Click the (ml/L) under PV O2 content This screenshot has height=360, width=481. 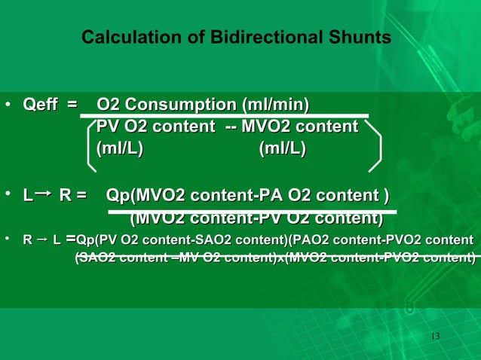(x=118, y=148)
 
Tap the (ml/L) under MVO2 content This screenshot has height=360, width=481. (x=282, y=148)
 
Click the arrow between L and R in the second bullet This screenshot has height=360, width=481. (x=44, y=196)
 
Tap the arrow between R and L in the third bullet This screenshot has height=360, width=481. (x=41, y=240)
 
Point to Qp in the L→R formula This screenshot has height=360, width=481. (x=118, y=197)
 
